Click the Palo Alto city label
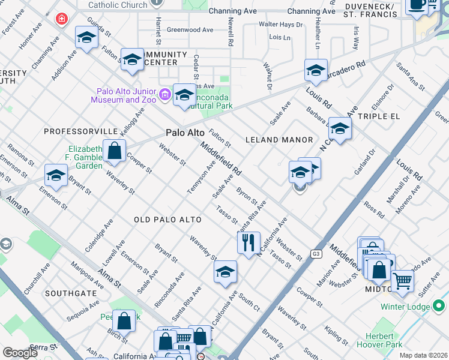185,133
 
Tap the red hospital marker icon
61,19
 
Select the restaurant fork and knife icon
248,243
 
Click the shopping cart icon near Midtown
402,280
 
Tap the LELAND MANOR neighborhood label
279,140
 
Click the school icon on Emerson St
56,176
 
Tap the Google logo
20,353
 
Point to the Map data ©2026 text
423,355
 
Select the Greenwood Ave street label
190,29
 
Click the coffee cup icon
416,5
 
